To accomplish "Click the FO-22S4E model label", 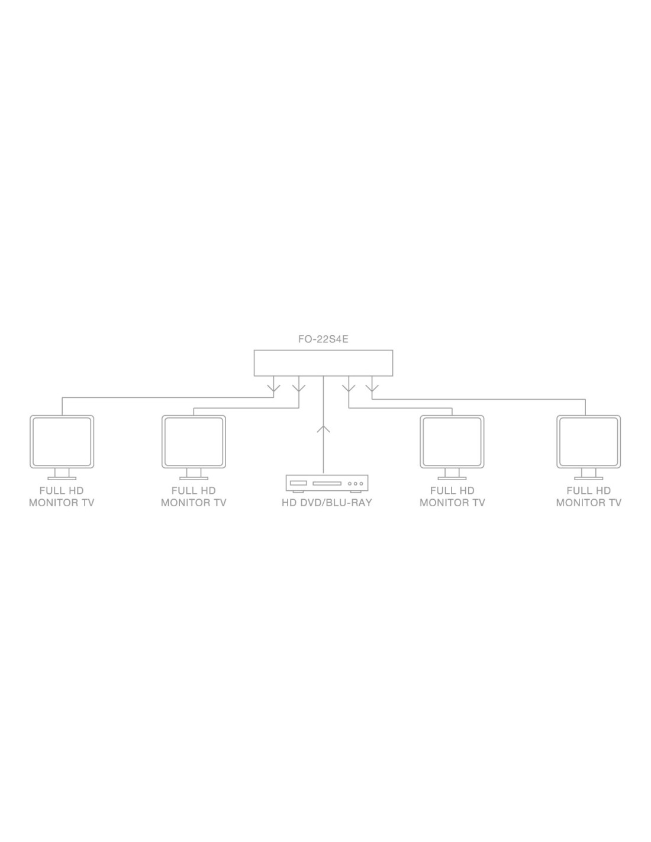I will pos(323,340).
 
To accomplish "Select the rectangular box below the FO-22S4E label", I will pos(323,363).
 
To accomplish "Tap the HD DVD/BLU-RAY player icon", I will pos(327,483).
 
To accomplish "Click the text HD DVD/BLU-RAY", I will pos(327,503).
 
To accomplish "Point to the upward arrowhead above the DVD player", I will pos(323,429).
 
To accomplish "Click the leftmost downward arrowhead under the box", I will pos(273,389).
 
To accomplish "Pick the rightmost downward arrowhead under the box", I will pos(372,389).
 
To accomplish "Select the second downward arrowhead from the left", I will pos(299,389).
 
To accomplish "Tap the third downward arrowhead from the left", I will pos(349,389).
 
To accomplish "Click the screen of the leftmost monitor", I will pos(62,442).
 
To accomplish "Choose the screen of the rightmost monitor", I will pos(588,442).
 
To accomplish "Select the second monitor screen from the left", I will pos(194,442).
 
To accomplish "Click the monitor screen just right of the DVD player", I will pos(452,442).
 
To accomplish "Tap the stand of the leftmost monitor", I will pos(62,475).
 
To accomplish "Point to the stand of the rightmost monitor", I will pos(588,475).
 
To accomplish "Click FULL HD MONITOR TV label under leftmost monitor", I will pos(62,497).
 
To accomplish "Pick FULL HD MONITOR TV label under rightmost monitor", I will pos(588,497).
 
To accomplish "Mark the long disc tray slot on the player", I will pos(327,484).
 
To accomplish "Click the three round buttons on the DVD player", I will pos(355,484).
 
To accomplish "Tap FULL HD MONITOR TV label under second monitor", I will pos(194,497).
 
